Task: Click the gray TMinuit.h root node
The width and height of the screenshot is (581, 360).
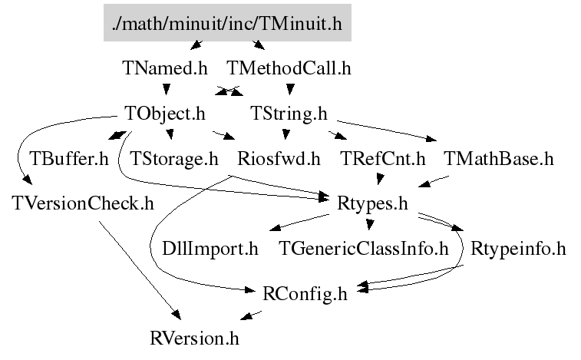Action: click(226, 24)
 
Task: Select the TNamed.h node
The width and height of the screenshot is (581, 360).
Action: click(165, 68)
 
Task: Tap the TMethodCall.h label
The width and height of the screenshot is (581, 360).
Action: click(289, 68)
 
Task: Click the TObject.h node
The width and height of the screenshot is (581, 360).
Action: click(165, 114)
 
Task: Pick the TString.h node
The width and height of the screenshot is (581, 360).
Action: click(289, 114)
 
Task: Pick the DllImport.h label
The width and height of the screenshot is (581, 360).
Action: click(210, 249)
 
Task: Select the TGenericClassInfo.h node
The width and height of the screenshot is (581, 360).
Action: click(363, 249)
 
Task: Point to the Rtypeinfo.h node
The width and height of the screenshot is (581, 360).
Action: click(518, 249)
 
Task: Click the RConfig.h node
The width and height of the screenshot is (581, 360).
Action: click(305, 293)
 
